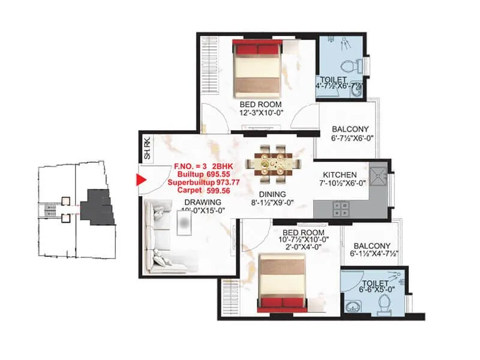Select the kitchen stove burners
[x=344, y=208]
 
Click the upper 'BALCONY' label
[x=350, y=129]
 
